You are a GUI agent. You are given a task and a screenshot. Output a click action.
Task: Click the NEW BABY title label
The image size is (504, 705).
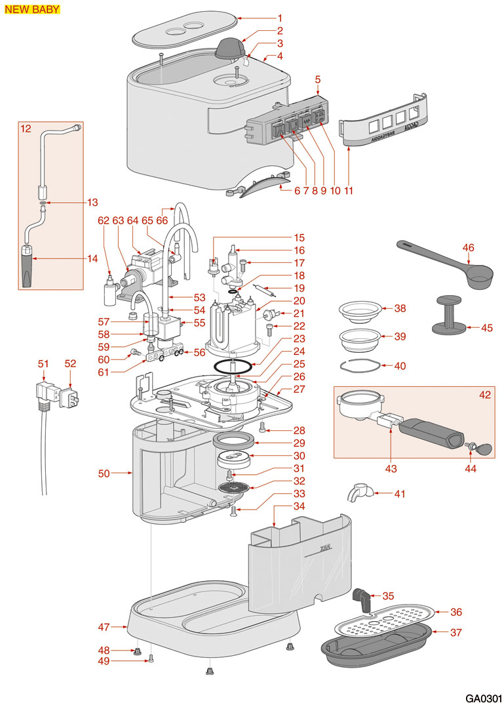point(32,9)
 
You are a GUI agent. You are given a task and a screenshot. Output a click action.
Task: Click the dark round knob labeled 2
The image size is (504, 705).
point(229,48)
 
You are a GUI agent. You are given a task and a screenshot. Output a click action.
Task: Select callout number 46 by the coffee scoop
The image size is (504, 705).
point(468,247)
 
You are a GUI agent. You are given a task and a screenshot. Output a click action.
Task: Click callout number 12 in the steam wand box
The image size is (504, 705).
point(26,129)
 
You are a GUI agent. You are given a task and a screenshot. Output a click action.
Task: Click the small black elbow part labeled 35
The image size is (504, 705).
point(361,597)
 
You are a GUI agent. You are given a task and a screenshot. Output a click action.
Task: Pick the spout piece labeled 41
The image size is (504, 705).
point(359,493)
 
